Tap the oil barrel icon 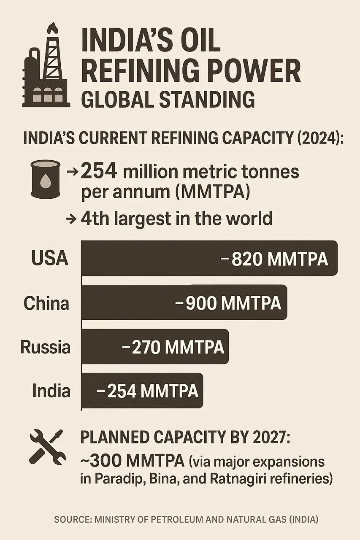46,179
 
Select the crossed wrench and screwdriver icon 48,447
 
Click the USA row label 50,258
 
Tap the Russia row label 45,347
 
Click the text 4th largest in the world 176,219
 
